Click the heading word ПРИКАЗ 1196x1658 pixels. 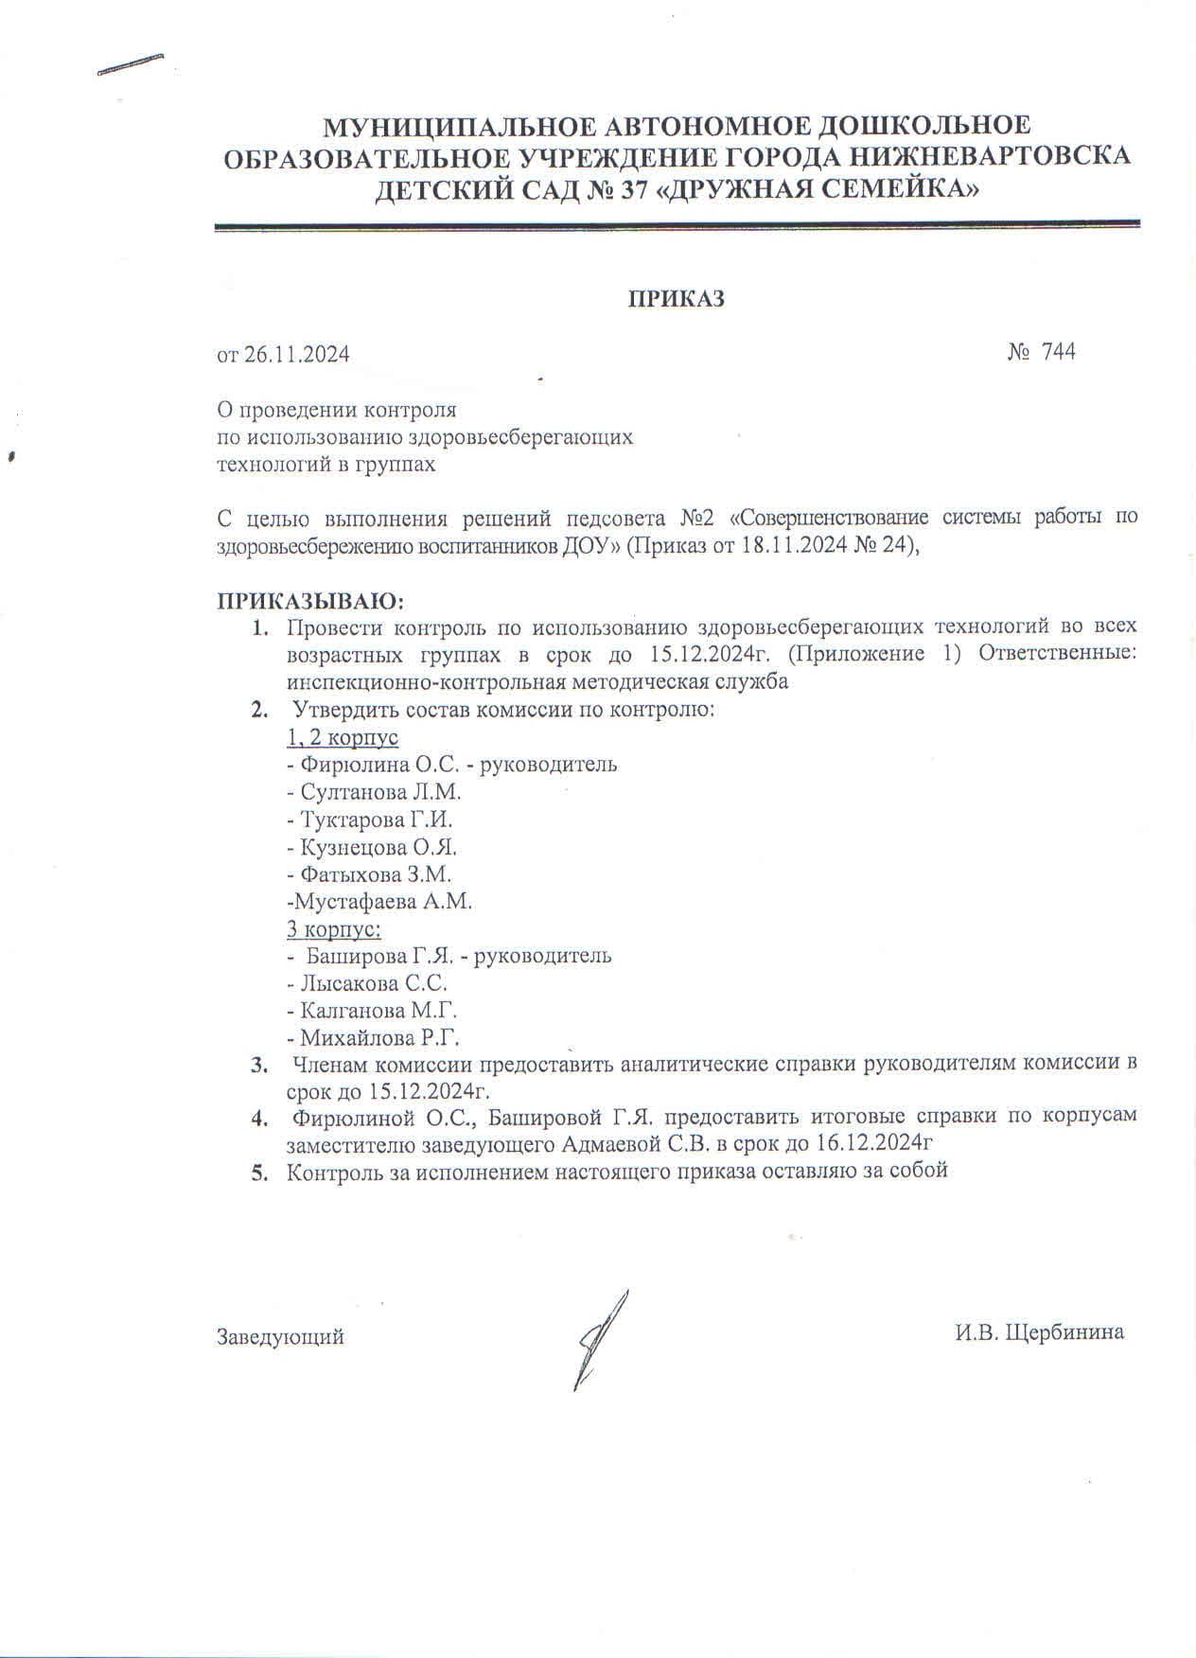(677, 300)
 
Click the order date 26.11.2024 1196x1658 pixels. (297, 355)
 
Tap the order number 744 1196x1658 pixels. (1058, 352)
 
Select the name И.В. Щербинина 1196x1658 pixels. (1039, 1332)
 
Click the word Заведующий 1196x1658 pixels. (281, 1337)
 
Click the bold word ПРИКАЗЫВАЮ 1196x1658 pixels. (311, 601)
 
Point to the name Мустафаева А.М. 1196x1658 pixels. (380, 902)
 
